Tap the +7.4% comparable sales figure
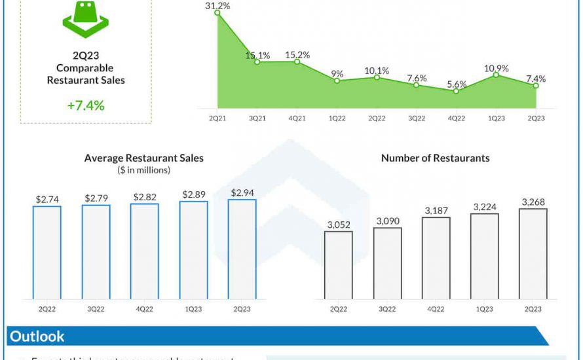click(85, 105)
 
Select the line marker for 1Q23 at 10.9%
click(496, 75)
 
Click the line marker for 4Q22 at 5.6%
click(456, 91)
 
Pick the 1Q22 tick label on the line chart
click(337, 118)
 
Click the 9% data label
click(337, 73)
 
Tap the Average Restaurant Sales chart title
click(144, 158)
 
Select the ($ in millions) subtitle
click(144, 170)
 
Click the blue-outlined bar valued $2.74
click(47, 252)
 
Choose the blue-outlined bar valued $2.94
click(242, 249)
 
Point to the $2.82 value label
click(144, 196)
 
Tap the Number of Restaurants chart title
click(435, 158)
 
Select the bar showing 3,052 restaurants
click(339, 265)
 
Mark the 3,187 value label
click(436, 210)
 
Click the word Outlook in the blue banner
click(37, 336)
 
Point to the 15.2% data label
click(297, 55)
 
